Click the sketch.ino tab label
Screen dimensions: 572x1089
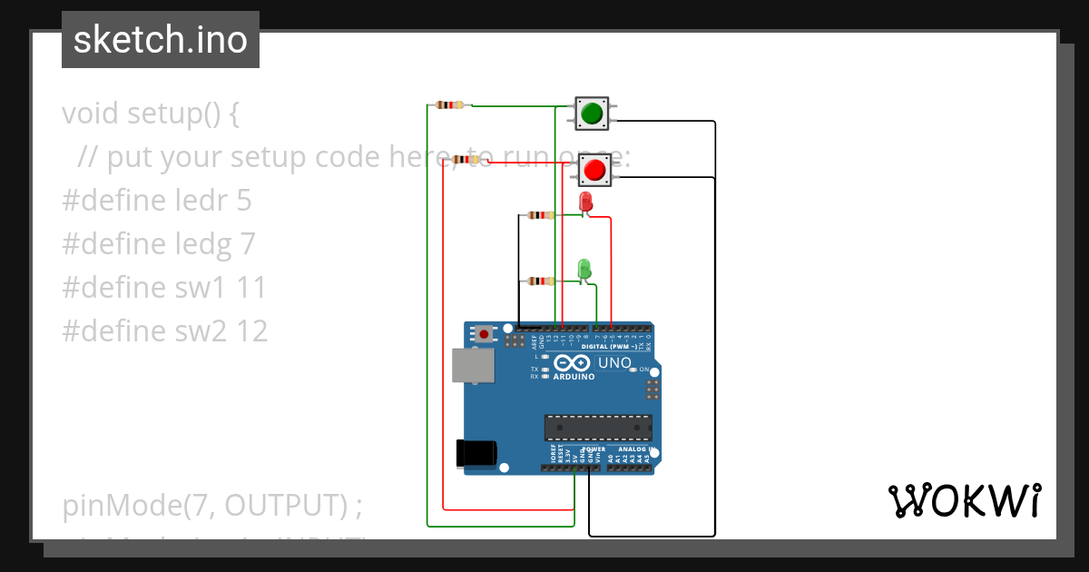[161, 40]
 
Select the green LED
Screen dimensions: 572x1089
[584, 269]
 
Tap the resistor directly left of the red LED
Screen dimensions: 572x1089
[541, 215]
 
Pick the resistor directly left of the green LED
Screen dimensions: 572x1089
[541, 281]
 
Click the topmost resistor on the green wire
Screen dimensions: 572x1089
[450, 105]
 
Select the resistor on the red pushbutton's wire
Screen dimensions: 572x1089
[466, 160]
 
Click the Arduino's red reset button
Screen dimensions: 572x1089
[485, 334]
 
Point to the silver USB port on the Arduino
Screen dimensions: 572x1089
[473, 365]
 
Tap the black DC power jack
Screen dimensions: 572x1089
[476, 453]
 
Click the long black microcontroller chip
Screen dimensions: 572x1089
[598, 428]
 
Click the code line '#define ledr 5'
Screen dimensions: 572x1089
[156, 201]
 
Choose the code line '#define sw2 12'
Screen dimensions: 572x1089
[165, 331]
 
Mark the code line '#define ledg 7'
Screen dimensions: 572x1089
[158, 244]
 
